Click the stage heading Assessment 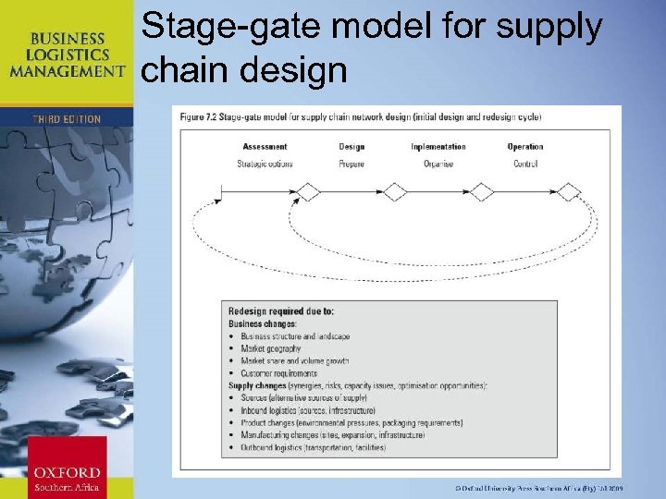point(265,147)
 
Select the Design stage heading point(351,147)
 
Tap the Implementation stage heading point(438,147)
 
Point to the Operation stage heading point(525,147)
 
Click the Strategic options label point(265,164)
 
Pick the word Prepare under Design point(351,164)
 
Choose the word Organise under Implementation point(438,164)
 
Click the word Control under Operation point(525,164)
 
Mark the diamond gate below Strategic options point(308,192)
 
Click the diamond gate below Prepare point(395,192)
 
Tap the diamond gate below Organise point(482,192)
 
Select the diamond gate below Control point(569,192)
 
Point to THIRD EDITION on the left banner point(66,119)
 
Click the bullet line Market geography point(270,349)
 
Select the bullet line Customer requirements point(278,373)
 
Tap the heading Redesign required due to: point(281,311)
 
